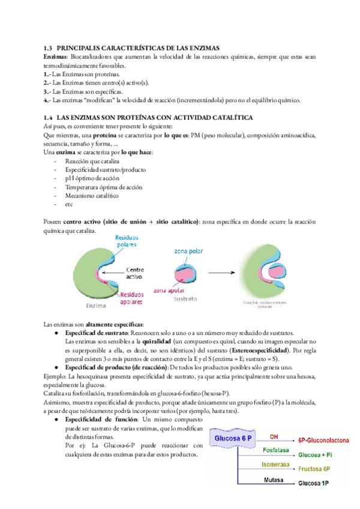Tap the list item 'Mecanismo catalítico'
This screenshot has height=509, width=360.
(x=91, y=195)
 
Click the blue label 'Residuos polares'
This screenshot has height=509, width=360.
(x=127, y=241)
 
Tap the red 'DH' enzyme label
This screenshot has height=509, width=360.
(x=274, y=437)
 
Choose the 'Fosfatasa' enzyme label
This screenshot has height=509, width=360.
(x=274, y=451)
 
